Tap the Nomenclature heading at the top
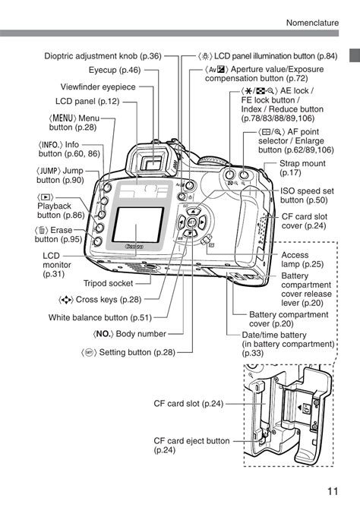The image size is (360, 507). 312,23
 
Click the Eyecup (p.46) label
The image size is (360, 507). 114,71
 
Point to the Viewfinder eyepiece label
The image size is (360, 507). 98,87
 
